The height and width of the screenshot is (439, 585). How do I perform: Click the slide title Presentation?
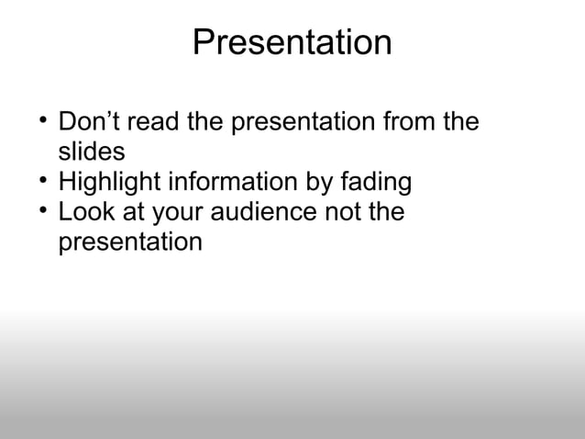[x=292, y=43]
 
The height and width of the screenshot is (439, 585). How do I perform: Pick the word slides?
[x=91, y=152]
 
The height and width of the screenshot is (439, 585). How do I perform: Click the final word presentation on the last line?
[x=129, y=243]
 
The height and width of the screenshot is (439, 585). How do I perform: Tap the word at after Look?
[x=132, y=213]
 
